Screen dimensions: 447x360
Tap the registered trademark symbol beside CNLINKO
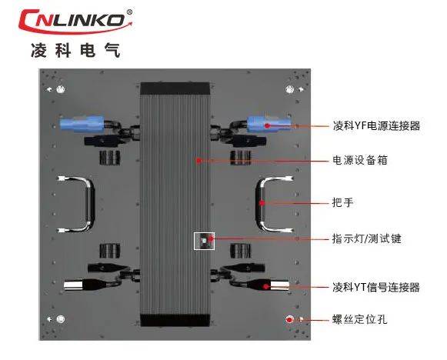pos(129,12)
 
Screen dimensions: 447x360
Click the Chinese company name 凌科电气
pos(75,51)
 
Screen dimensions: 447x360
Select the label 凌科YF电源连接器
pos(376,125)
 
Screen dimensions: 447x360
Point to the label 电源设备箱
pos(360,160)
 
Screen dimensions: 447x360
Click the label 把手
pos(343,202)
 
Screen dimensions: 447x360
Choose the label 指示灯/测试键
pos(367,238)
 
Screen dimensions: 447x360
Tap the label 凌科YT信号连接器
pos(376,287)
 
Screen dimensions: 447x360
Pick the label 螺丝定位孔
pos(360,319)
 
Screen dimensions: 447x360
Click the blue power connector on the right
pos(269,124)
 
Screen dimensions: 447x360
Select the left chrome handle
pos(89,204)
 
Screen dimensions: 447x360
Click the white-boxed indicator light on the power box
pos(204,241)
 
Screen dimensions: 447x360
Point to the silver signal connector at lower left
pos(74,285)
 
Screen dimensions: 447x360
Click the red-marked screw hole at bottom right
pos(289,319)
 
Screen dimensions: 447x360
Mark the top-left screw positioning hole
pos(60,89)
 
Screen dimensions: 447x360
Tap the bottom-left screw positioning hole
pos(60,319)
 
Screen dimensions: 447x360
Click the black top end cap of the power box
pos(175,88)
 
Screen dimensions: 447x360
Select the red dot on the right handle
pos(262,203)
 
